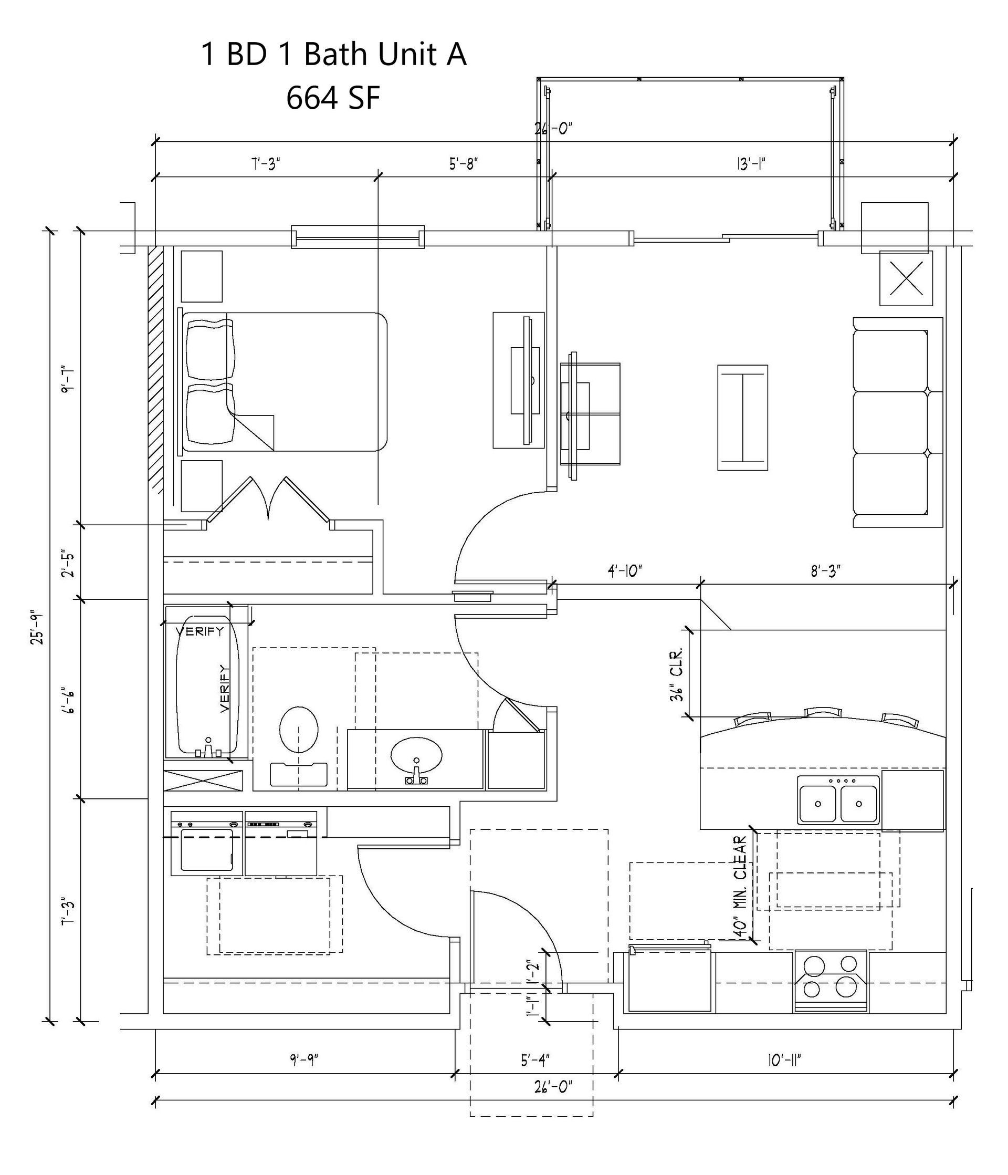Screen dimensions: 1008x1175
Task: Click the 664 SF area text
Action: click(x=333, y=98)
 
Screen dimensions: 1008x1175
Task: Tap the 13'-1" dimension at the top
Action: click(x=752, y=164)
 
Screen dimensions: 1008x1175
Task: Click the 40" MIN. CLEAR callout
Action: click(x=739, y=888)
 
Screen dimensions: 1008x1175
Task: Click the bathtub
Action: click(x=207, y=683)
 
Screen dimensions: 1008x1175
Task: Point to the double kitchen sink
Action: click(x=838, y=800)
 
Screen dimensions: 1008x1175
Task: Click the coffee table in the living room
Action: click(x=743, y=418)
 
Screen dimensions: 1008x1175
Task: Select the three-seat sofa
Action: click(x=897, y=422)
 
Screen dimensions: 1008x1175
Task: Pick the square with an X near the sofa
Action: click(x=906, y=279)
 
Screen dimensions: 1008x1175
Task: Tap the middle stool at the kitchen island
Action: click(x=823, y=713)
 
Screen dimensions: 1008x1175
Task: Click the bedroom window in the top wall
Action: click(x=358, y=236)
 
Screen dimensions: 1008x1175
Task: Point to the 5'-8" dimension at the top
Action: click(x=464, y=164)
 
